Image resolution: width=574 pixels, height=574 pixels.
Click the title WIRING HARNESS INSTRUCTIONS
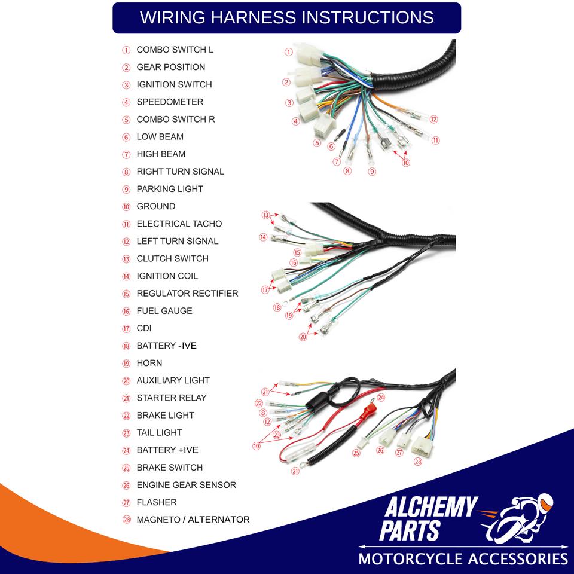(286, 17)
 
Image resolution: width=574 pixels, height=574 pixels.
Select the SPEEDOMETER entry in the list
(170, 102)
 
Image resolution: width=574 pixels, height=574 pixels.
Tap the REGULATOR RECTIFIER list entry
(187, 293)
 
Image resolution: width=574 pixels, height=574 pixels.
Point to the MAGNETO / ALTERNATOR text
(193, 520)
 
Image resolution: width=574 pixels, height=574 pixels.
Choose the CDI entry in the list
(144, 328)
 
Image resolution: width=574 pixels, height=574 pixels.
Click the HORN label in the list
(149, 363)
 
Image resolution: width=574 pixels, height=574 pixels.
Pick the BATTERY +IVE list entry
(167, 450)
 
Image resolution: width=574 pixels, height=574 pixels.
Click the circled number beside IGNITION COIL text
(126, 276)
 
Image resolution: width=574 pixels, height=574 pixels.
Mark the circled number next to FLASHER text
(126, 503)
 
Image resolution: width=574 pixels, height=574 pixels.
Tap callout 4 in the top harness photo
(296, 121)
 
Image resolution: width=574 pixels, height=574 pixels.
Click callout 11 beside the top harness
(436, 140)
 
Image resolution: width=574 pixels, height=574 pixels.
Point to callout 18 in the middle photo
(277, 307)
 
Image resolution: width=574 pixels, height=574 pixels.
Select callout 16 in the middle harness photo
(294, 262)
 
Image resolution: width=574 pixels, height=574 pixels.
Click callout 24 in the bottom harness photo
(381, 398)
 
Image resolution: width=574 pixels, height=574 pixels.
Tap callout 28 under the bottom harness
(418, 462)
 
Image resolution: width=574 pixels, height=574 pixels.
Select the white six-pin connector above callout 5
(325, 126)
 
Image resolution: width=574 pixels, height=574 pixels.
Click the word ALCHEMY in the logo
(431, 507)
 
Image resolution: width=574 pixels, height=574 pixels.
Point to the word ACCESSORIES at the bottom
(518, 559)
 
